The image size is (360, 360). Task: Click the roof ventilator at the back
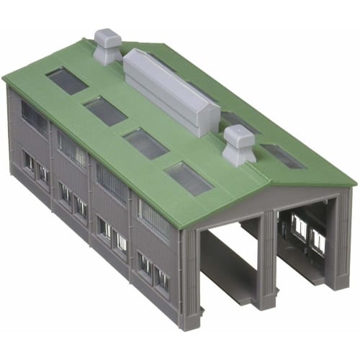tap(109, 47)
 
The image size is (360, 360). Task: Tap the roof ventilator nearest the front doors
tap(238, 145)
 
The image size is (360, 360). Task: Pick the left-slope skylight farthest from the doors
tap(67, 81)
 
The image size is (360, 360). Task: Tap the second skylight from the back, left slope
tap(105, 111)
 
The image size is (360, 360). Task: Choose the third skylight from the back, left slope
tap(146, 143)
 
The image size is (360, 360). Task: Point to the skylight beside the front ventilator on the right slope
tap(282, 156)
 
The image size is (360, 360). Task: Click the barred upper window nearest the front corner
tap(154, 220)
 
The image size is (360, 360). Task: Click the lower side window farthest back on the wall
tap(28, 162)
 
